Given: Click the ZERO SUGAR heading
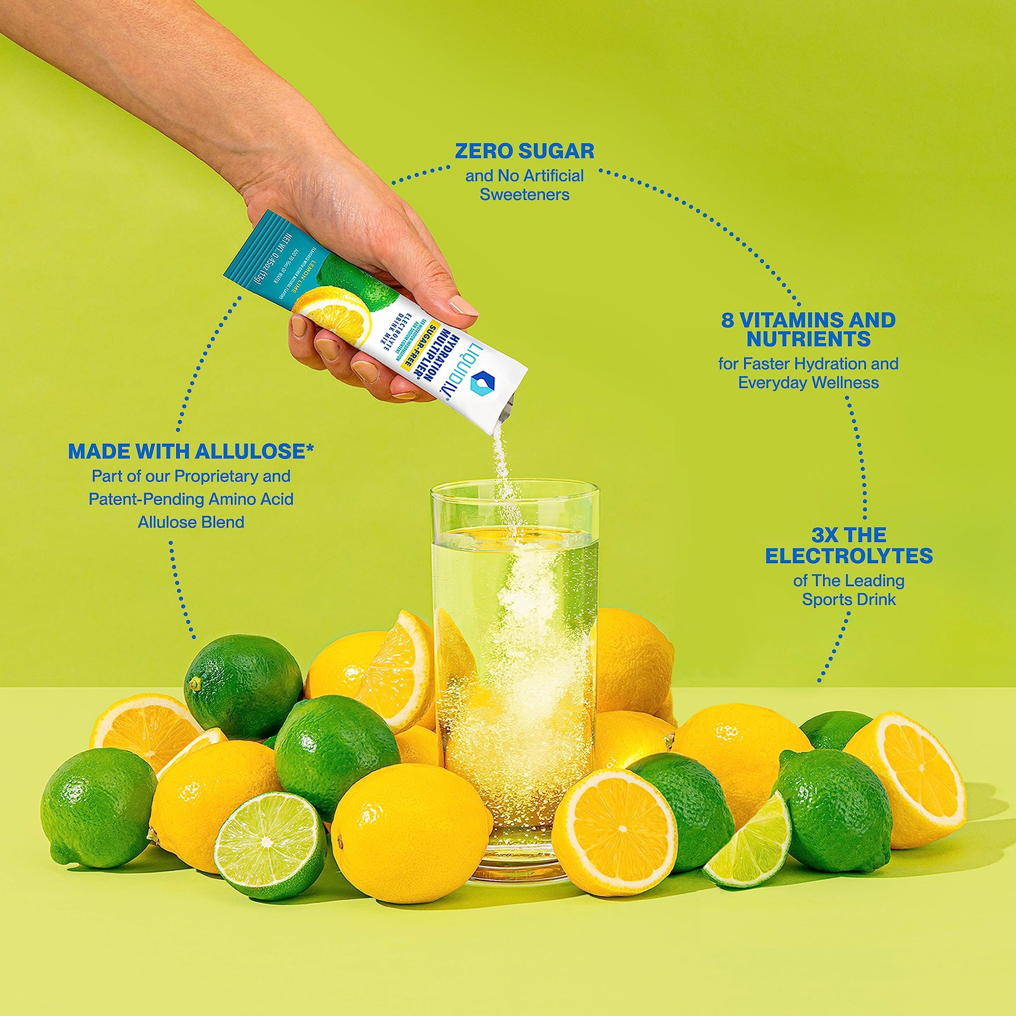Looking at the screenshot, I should coord(524,151).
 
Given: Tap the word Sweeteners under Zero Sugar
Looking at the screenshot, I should coord(524,195).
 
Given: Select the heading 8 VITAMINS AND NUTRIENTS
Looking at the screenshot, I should coord(808,329).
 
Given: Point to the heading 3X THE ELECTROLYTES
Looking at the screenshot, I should coord(849,546).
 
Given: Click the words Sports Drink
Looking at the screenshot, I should coord(849,599).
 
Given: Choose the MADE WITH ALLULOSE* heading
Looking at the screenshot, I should coord(191,451).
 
